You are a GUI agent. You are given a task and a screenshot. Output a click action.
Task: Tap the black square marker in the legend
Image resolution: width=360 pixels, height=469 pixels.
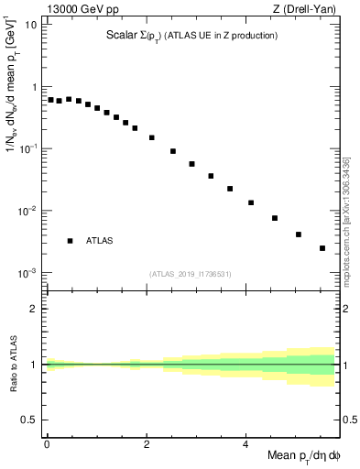coord(70,241)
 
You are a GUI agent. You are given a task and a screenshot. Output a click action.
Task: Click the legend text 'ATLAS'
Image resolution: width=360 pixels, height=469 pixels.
coord(100,241)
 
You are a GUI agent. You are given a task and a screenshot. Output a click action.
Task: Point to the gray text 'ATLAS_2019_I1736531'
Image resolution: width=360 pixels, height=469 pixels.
coord(191,274)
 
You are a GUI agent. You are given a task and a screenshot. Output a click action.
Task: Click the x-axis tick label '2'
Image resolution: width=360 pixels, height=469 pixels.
coord(147,443)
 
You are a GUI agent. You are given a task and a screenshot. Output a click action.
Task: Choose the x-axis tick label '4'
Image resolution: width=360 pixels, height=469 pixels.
coord(245,443)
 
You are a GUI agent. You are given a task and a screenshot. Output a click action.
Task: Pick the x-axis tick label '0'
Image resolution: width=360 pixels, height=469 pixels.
coord(47,443)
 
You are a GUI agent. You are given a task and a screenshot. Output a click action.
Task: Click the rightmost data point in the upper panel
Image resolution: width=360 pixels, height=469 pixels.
coord(322,248)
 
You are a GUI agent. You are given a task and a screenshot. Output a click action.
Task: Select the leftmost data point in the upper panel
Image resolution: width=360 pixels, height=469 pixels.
coord(51,100)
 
